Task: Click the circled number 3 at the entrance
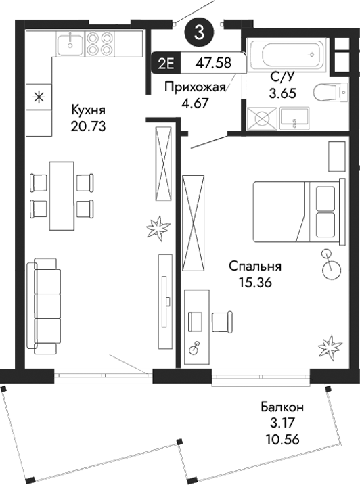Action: tap(198, 30)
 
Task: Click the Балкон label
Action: tap(282, 407)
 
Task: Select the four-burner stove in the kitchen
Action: tap(100, 44)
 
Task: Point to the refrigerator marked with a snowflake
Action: tap(39, 97)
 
